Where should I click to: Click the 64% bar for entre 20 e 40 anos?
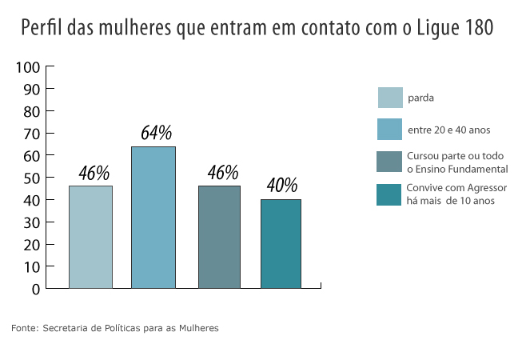click(153, 217)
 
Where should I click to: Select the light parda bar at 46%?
click(90, 237)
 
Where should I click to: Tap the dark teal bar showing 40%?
click(281, 243)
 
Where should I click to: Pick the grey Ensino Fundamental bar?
click(219, 237)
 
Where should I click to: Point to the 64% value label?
click(156, 133)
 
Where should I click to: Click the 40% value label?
click(282, 186)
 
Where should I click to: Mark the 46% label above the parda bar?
click(94, 173)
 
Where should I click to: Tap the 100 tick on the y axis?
click(28, 67)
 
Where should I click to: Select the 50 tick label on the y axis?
click(31, 178)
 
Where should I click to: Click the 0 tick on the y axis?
click(36, 289)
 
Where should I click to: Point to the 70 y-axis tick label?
click(31, 134)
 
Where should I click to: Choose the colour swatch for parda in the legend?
click(389, 98)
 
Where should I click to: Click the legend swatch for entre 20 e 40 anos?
click(389, 129)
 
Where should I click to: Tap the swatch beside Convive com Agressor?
click(389, 194)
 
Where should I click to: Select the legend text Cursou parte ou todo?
click(456, 155)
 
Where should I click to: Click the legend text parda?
click(420, 98)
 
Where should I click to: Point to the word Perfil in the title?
click(42, 28)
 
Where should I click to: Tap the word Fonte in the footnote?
click(23, 328)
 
